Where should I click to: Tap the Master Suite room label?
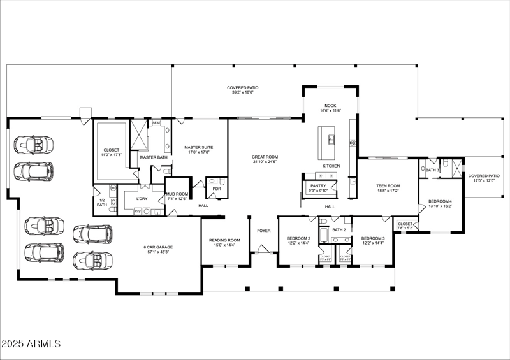(198, 150)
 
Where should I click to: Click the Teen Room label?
(387, 187)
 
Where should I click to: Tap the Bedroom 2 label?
(299, 240)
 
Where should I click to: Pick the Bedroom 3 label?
(374, 240)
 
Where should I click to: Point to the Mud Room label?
(177, 196)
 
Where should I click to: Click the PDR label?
(217, 189)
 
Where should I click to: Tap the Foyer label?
(264, 231)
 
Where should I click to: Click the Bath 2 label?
(339, 230)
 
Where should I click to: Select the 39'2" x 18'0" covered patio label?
(243, 90)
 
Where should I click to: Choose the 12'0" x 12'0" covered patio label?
(484, 178)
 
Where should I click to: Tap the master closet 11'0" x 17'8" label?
(110, 152)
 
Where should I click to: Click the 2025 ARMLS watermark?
(31, 344)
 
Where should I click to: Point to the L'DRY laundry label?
(142, 199)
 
